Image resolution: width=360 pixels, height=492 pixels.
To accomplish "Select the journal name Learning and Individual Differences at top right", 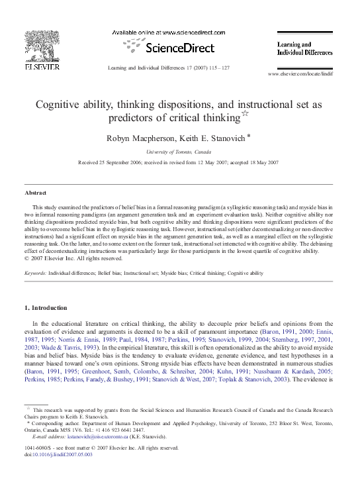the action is tap(304, 48).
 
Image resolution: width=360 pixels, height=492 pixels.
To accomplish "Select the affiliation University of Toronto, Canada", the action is tap(179, 152).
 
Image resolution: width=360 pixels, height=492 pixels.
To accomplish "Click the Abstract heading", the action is tap(35, 193).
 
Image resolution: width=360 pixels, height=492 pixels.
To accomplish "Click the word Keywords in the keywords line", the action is tap(36, 273).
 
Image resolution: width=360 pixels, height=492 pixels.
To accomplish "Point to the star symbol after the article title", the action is tap(244, 115).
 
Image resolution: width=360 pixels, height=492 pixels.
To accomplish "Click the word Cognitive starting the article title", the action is tap(58, 104).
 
